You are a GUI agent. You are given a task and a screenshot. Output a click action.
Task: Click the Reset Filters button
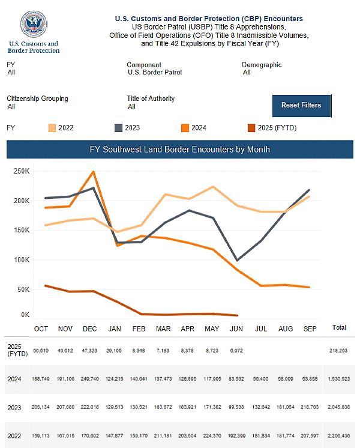pyautogui.click(x=301, y=105)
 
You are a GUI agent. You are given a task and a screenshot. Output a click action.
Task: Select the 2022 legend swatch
pyautogui.click(x=52, y=127)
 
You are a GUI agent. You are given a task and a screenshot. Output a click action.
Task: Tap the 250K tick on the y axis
pyautogui.click(x=22, y=172)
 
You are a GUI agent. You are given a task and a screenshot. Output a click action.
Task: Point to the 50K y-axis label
pyautogui.click(x=23, y=289)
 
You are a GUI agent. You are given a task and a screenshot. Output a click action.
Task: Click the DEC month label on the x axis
pyautogui.click(x=90, y=328)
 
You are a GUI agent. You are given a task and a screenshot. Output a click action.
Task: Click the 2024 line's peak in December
pyautogui.click(x=93, y=172)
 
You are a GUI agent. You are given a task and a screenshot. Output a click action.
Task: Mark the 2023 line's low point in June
pyautogui.click(x=238, y=260)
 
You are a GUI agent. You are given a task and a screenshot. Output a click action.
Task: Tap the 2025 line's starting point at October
pyautogui.click(x=45, y=286)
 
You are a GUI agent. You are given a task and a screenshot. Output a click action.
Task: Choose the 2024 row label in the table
pyautogui.click(x=14, y=380)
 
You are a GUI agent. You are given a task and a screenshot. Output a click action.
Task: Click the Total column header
pyautogui.click(x=339, y=328)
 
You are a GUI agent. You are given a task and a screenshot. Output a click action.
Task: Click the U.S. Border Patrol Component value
pyautogui.click(x=154, y=72)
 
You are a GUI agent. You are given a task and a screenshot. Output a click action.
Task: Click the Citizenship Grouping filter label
pyautogui.click(x=37, y=98)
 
